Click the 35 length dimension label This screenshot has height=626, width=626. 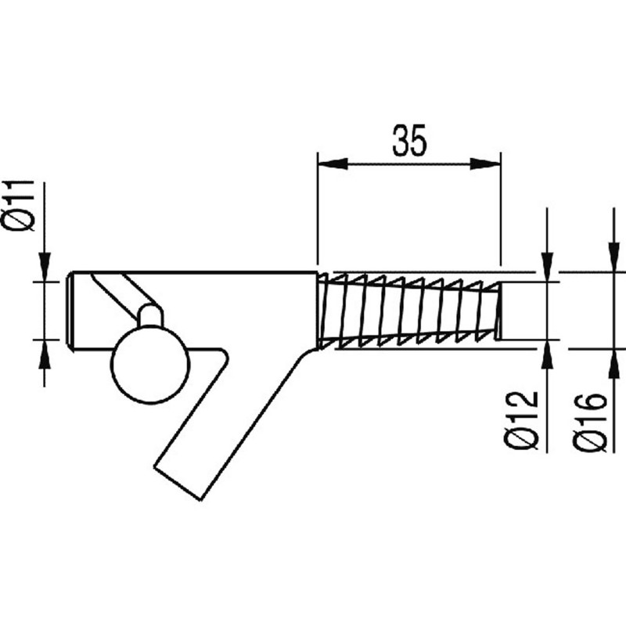(x=409, y=140)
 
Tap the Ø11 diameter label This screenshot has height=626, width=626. (x=18, y=206)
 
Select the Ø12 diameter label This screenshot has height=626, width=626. (x=520, y=421)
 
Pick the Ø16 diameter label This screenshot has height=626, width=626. (x=590, y=423)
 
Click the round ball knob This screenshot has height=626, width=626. (x=150, y=364)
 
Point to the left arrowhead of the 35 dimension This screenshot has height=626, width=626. (x=332, y=164)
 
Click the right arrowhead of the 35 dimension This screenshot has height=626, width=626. (x=485, y=164)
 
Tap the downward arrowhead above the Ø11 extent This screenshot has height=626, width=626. (x=45, y=267)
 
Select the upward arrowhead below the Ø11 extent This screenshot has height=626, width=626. (x=45, y=354)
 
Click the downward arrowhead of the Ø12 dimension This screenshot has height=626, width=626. (x=547, y=267)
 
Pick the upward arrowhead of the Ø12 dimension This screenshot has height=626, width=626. (x=547, y=354)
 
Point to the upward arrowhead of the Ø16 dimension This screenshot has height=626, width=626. (x=611, y=364)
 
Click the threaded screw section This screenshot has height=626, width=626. (x=409, y=311)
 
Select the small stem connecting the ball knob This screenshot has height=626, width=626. (x=151, y=316)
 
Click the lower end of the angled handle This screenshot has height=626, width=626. (x=177, y=482)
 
